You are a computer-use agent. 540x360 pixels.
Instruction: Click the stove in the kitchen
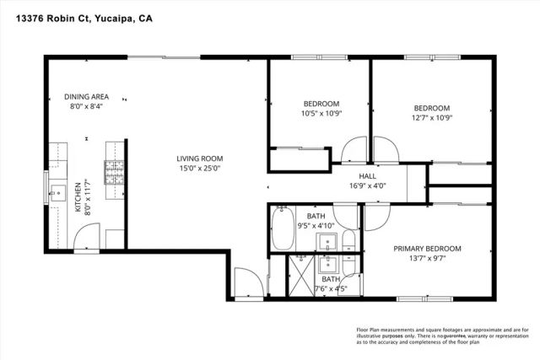(x=114, y=173)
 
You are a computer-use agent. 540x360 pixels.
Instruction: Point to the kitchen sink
(x=58, y=194)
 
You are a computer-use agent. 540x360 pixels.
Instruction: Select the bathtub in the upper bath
(x=283, y=228)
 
